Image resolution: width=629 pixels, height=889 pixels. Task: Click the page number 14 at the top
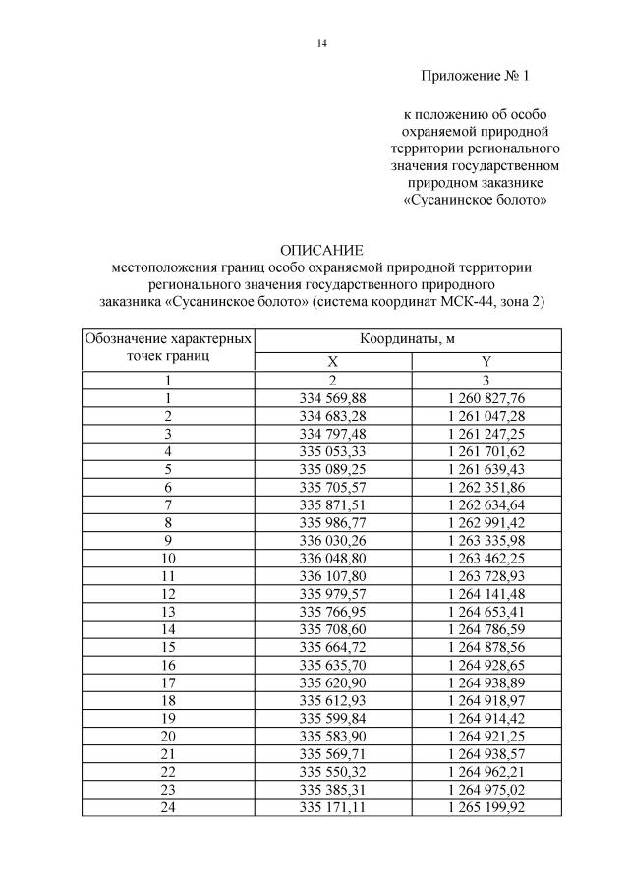[x=321, y=43]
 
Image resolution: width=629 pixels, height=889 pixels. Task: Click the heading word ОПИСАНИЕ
[x=321, y=250]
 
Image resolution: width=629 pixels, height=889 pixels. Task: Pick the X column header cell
[x=332, y=361]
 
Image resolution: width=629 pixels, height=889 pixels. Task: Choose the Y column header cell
[x=486, y=361]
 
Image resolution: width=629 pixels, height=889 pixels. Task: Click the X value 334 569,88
[x=332, y=397]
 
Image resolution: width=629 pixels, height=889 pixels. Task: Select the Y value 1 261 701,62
[x=486, y=451]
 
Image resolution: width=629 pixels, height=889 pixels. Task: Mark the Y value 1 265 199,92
[x=486, y=806]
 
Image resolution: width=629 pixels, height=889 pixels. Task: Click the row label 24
[x=168, y=806]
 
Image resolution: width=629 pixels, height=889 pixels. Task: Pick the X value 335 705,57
[x=332, y=487]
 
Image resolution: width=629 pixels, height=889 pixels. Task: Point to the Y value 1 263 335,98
[x=486, y=541]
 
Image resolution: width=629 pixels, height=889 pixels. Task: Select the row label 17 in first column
[x=168, y=682]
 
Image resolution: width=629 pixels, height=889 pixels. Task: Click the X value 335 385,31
[x=332, y=789]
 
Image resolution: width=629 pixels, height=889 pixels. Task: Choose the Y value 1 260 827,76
[x=486, y=397]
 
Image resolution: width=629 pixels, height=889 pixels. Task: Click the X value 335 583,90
[x=332, y=735]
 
